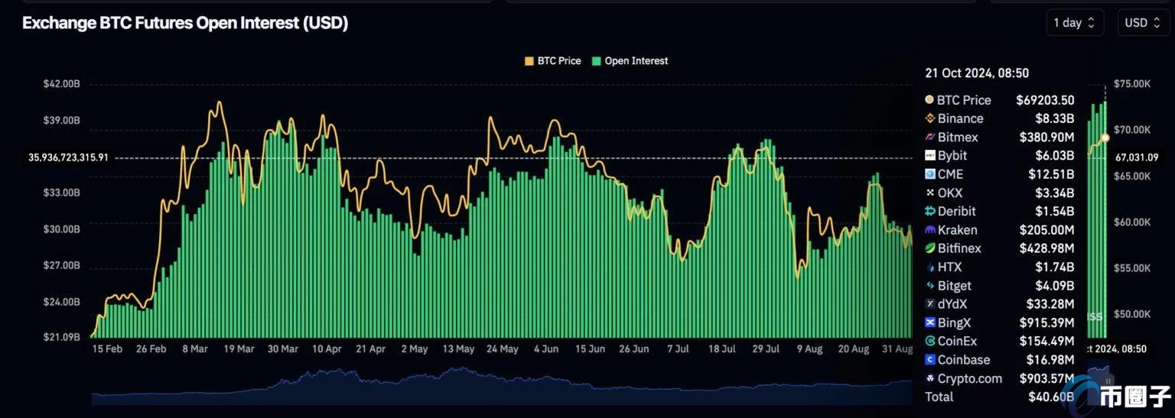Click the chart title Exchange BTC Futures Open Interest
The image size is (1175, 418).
point(185,23)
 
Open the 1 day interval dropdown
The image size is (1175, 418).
point(1075,23)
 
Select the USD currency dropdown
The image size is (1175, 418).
point(1143,23)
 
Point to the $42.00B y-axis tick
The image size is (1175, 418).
point(61,84)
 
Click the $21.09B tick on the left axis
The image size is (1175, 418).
point(61,337)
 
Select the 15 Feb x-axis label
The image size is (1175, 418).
point(107,349)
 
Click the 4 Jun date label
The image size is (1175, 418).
point(545,349)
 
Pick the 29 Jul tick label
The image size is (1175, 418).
point(765,349)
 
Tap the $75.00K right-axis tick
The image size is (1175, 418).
point(1132,84)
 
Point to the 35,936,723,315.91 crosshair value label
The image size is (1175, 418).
point(68,157)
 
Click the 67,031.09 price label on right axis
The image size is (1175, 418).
point(1137,157)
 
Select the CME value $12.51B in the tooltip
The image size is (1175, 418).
point(1051,174)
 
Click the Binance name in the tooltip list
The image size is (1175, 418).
point(960,118)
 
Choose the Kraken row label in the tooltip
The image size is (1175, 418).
point(955,230)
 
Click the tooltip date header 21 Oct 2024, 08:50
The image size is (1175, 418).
point(977,73)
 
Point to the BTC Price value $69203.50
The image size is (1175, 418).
point(1045,100)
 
